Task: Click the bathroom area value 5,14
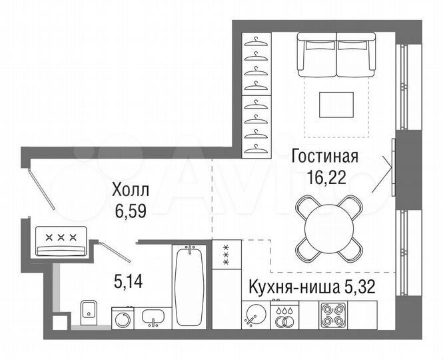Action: (128, 281)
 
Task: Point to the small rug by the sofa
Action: (336, 103)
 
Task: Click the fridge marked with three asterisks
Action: (225, 255)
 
